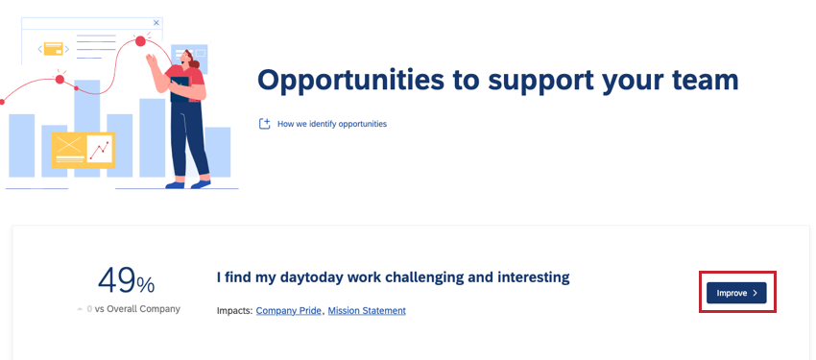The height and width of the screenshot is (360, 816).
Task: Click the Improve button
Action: click(x=735, y=293)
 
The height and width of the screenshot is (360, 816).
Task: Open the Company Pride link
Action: click(x=289, y=311)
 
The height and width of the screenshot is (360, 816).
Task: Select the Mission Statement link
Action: click(x=367, y=311)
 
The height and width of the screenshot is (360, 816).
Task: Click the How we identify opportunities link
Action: click(x=332, y=124)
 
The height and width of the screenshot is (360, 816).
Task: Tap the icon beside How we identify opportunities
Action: click(x=265, y=124)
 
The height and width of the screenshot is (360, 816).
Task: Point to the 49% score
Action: click(x=126, y=281)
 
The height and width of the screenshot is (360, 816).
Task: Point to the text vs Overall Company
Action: click(x=136, y=309)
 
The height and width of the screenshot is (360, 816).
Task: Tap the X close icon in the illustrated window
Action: click(x=156, y=21)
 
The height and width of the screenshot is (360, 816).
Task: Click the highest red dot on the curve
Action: click(x=141, y=41)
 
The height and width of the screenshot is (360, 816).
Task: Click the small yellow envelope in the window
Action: click(x=54, y=48)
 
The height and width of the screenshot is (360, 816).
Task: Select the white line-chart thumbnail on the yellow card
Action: click(x=100, y=148)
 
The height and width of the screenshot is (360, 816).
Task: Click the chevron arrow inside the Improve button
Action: click(x=756, y=293)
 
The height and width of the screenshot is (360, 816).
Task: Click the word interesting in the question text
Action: click(x=534, y=277)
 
